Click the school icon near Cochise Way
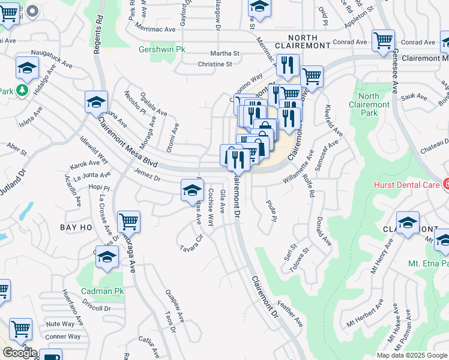coord(191,191)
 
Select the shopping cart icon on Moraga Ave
coord(129,221)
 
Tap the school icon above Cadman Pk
coord(107,257)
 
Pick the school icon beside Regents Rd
coord(95,101)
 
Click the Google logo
coord(19,353)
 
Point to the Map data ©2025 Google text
coord(411,355)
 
